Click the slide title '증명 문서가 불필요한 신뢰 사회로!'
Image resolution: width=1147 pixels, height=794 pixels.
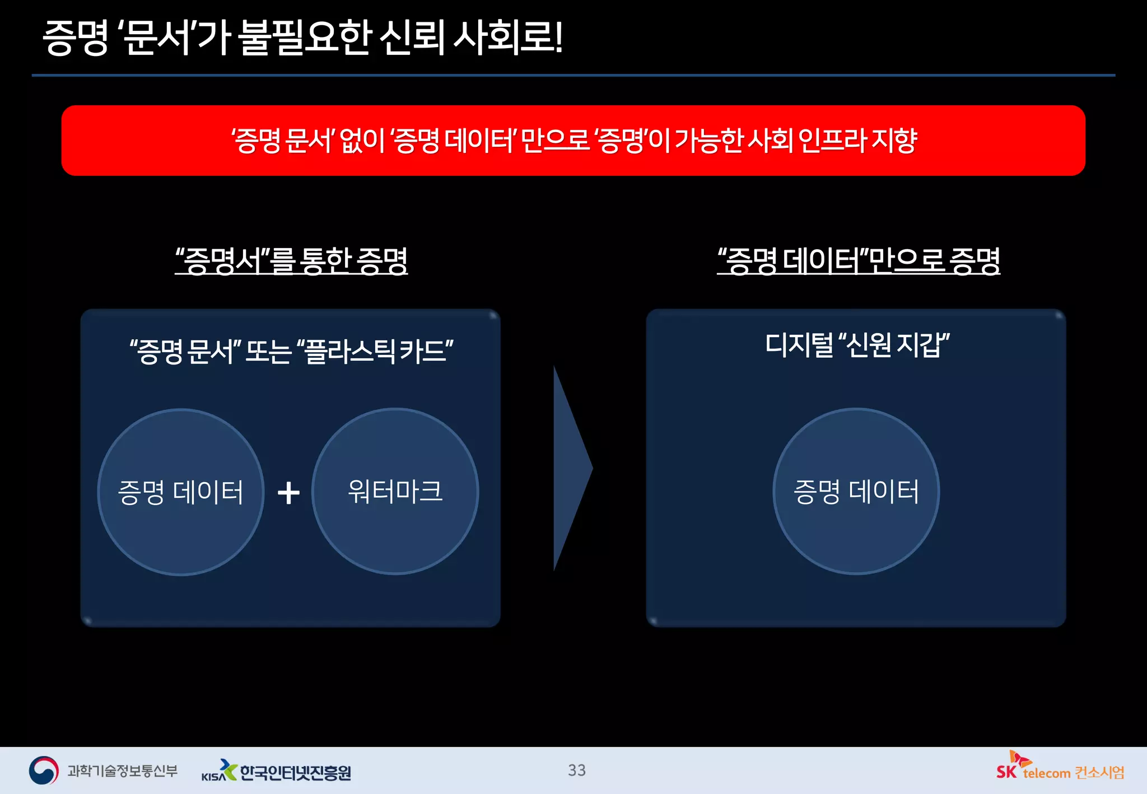[302, 38]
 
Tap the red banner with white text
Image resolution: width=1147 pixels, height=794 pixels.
[573, 141]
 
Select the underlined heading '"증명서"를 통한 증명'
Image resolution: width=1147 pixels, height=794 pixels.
[291, 261]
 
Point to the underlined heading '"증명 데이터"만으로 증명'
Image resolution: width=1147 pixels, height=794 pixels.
[859, 261]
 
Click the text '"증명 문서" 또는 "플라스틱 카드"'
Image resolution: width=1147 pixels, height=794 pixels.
[291, 352]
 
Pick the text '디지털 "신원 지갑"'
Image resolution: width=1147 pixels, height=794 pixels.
[857, 345]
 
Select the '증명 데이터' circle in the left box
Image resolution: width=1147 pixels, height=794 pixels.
[181, 532]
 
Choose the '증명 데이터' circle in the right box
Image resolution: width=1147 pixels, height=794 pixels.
[856, 532]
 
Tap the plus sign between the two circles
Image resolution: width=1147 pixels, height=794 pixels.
[288, 493]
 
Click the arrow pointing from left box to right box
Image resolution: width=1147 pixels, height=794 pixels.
[571, 468]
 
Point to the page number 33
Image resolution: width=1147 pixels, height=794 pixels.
[577, 770]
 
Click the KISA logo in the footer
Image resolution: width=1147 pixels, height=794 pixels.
[219, 771]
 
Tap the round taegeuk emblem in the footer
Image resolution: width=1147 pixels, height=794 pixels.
[44, 770]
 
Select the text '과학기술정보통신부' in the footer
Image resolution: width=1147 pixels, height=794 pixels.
[122, 771]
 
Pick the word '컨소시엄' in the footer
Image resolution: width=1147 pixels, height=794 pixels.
[1099, 773]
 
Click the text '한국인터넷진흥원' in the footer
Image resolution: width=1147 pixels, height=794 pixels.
[295, 773]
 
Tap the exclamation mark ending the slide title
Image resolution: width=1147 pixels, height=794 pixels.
[558, 38]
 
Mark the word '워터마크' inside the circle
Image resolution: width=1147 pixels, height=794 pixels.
[395, 491]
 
